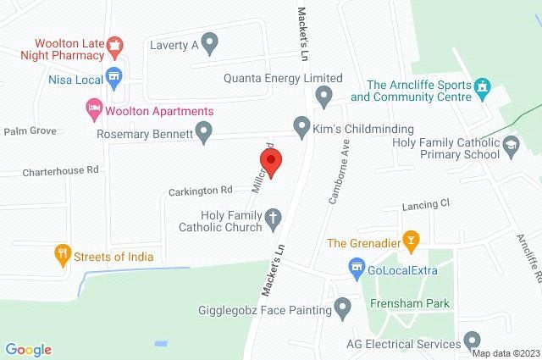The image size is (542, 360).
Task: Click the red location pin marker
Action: pos(270,159)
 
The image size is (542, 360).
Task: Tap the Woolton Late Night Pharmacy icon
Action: pos(118,44)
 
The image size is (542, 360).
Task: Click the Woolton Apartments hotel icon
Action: pos(93,108)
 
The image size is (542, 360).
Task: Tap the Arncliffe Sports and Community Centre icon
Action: pos(483,86)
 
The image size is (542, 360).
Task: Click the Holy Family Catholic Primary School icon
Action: pos(512,147)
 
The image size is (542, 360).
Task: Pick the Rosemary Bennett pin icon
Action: pos(202,131)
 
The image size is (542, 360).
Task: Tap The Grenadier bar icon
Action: pos(411,241)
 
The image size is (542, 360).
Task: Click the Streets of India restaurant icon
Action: pos(61,252)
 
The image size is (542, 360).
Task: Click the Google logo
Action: pos(28,350)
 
